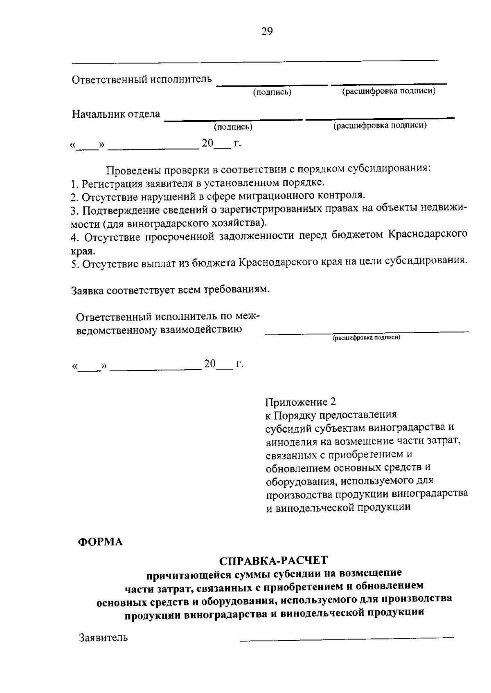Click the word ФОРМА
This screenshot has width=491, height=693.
point(100,542)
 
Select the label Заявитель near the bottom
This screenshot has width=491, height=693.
point(103,637)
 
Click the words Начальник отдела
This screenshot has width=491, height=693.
point(116,114)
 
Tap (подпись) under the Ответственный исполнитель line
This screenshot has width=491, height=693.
point(272,92)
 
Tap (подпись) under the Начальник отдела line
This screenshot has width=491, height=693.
point(233,127)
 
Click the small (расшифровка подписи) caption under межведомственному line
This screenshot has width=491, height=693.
point(366,338)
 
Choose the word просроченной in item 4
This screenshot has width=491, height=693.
point(180,237)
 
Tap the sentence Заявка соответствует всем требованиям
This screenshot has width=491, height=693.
point(171,290)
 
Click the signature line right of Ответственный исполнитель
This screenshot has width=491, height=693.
point(272,85)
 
